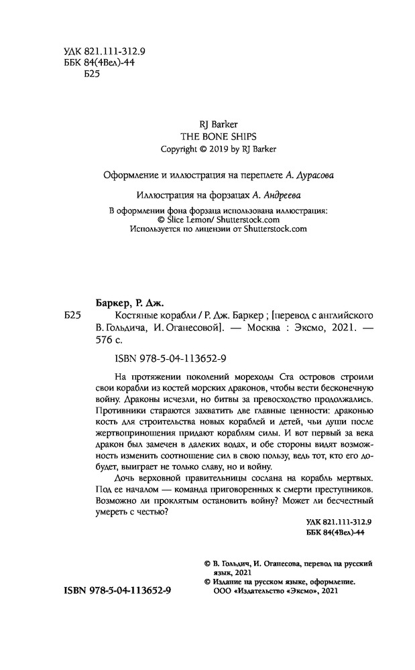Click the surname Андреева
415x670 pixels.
(276, 195)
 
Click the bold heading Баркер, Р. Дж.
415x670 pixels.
(126, 303)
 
